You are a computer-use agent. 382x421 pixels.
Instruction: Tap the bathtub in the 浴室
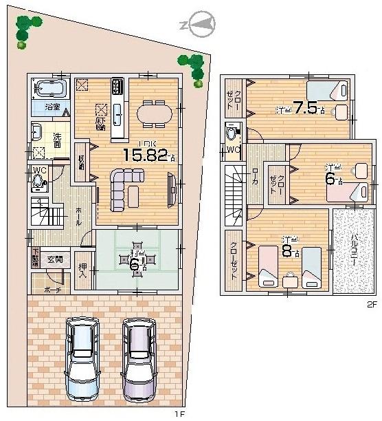pos(50,89)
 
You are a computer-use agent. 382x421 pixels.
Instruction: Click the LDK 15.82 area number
pos(145,155)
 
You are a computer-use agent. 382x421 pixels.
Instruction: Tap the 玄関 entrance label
pos(55,259)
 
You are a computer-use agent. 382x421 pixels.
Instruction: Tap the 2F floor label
pos(372,304)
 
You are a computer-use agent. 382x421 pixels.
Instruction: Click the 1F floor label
pos(179,413)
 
